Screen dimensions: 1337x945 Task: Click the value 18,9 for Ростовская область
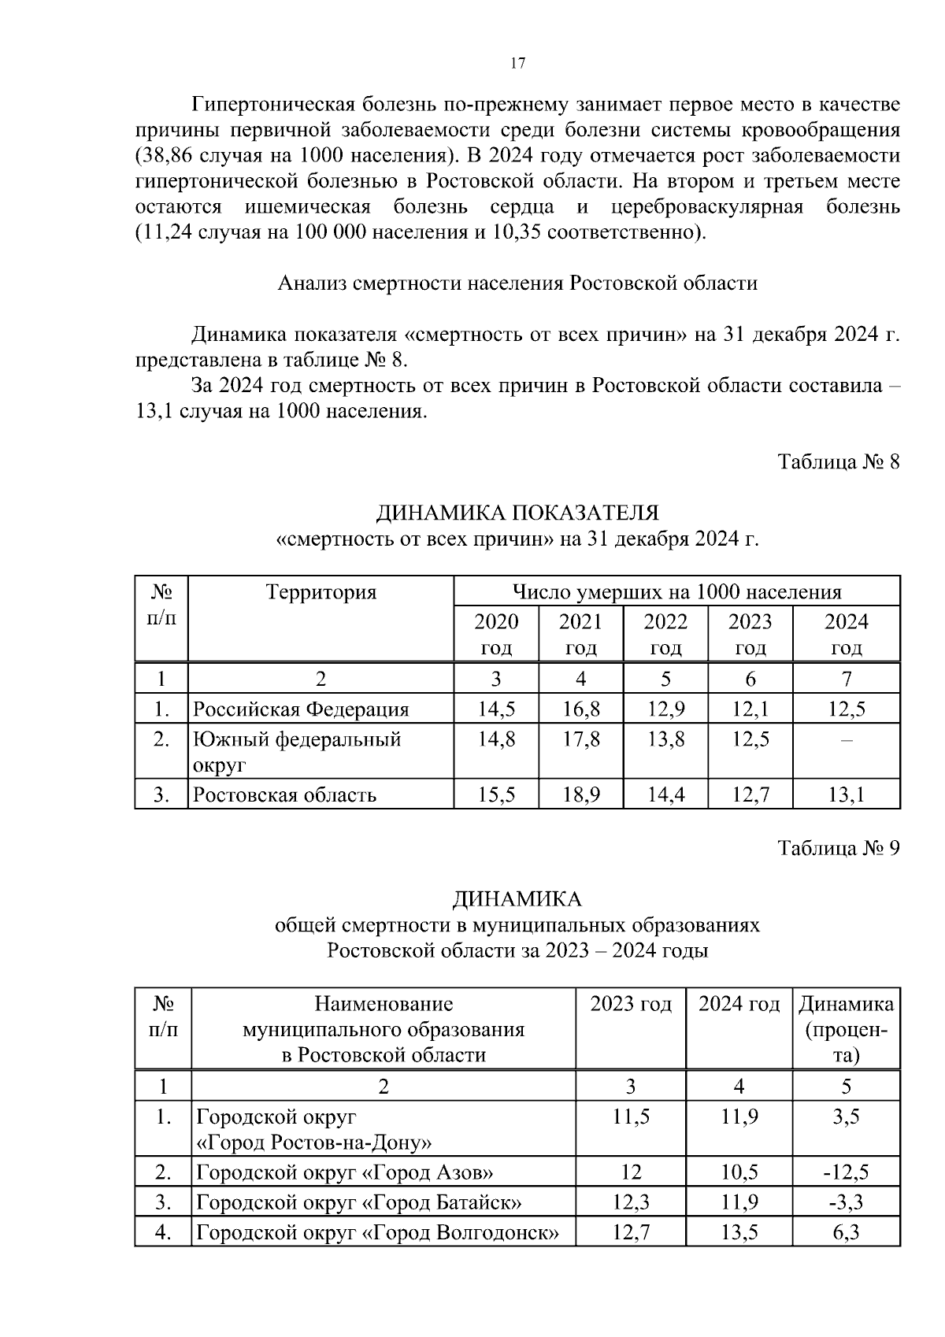(581, 794)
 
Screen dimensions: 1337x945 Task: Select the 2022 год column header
(665, 634)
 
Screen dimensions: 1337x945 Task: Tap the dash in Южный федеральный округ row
(846, 740)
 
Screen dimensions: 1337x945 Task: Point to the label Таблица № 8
(838, 461)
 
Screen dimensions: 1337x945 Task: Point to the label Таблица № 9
(838, 848)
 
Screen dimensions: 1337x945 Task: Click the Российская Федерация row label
(302, 709)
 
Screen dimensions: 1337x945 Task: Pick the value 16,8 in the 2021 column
(581, 709)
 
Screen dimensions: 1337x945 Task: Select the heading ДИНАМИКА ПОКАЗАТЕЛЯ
(517, 513)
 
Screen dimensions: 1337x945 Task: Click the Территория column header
(321, 592)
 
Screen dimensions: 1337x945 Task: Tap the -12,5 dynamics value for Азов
(846, 1172)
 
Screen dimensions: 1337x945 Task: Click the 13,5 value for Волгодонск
(739, 1232)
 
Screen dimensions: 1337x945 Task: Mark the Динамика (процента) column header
(846, 1029)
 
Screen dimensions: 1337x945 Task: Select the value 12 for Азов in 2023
(631, 1172)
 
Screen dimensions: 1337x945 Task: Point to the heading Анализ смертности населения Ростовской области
(517, 283)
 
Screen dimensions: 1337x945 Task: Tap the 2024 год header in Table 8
(846, 634)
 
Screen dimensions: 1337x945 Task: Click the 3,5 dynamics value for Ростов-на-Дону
(846, 1117)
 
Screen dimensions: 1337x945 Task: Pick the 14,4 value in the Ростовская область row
(665, 794)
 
